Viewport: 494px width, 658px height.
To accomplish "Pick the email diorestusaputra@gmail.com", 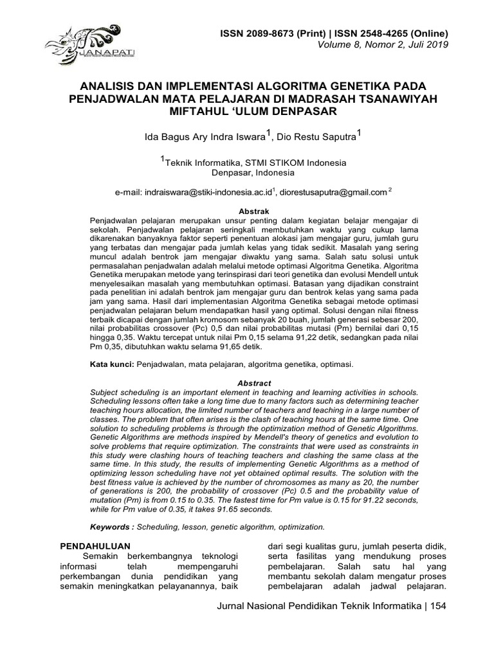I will point(334,191).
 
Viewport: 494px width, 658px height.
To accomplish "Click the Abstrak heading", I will point(253,211).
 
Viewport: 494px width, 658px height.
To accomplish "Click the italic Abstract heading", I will point(253,383).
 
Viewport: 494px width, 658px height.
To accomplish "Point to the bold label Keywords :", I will point(113,527).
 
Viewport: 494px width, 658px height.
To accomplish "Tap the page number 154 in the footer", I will point(437,606).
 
